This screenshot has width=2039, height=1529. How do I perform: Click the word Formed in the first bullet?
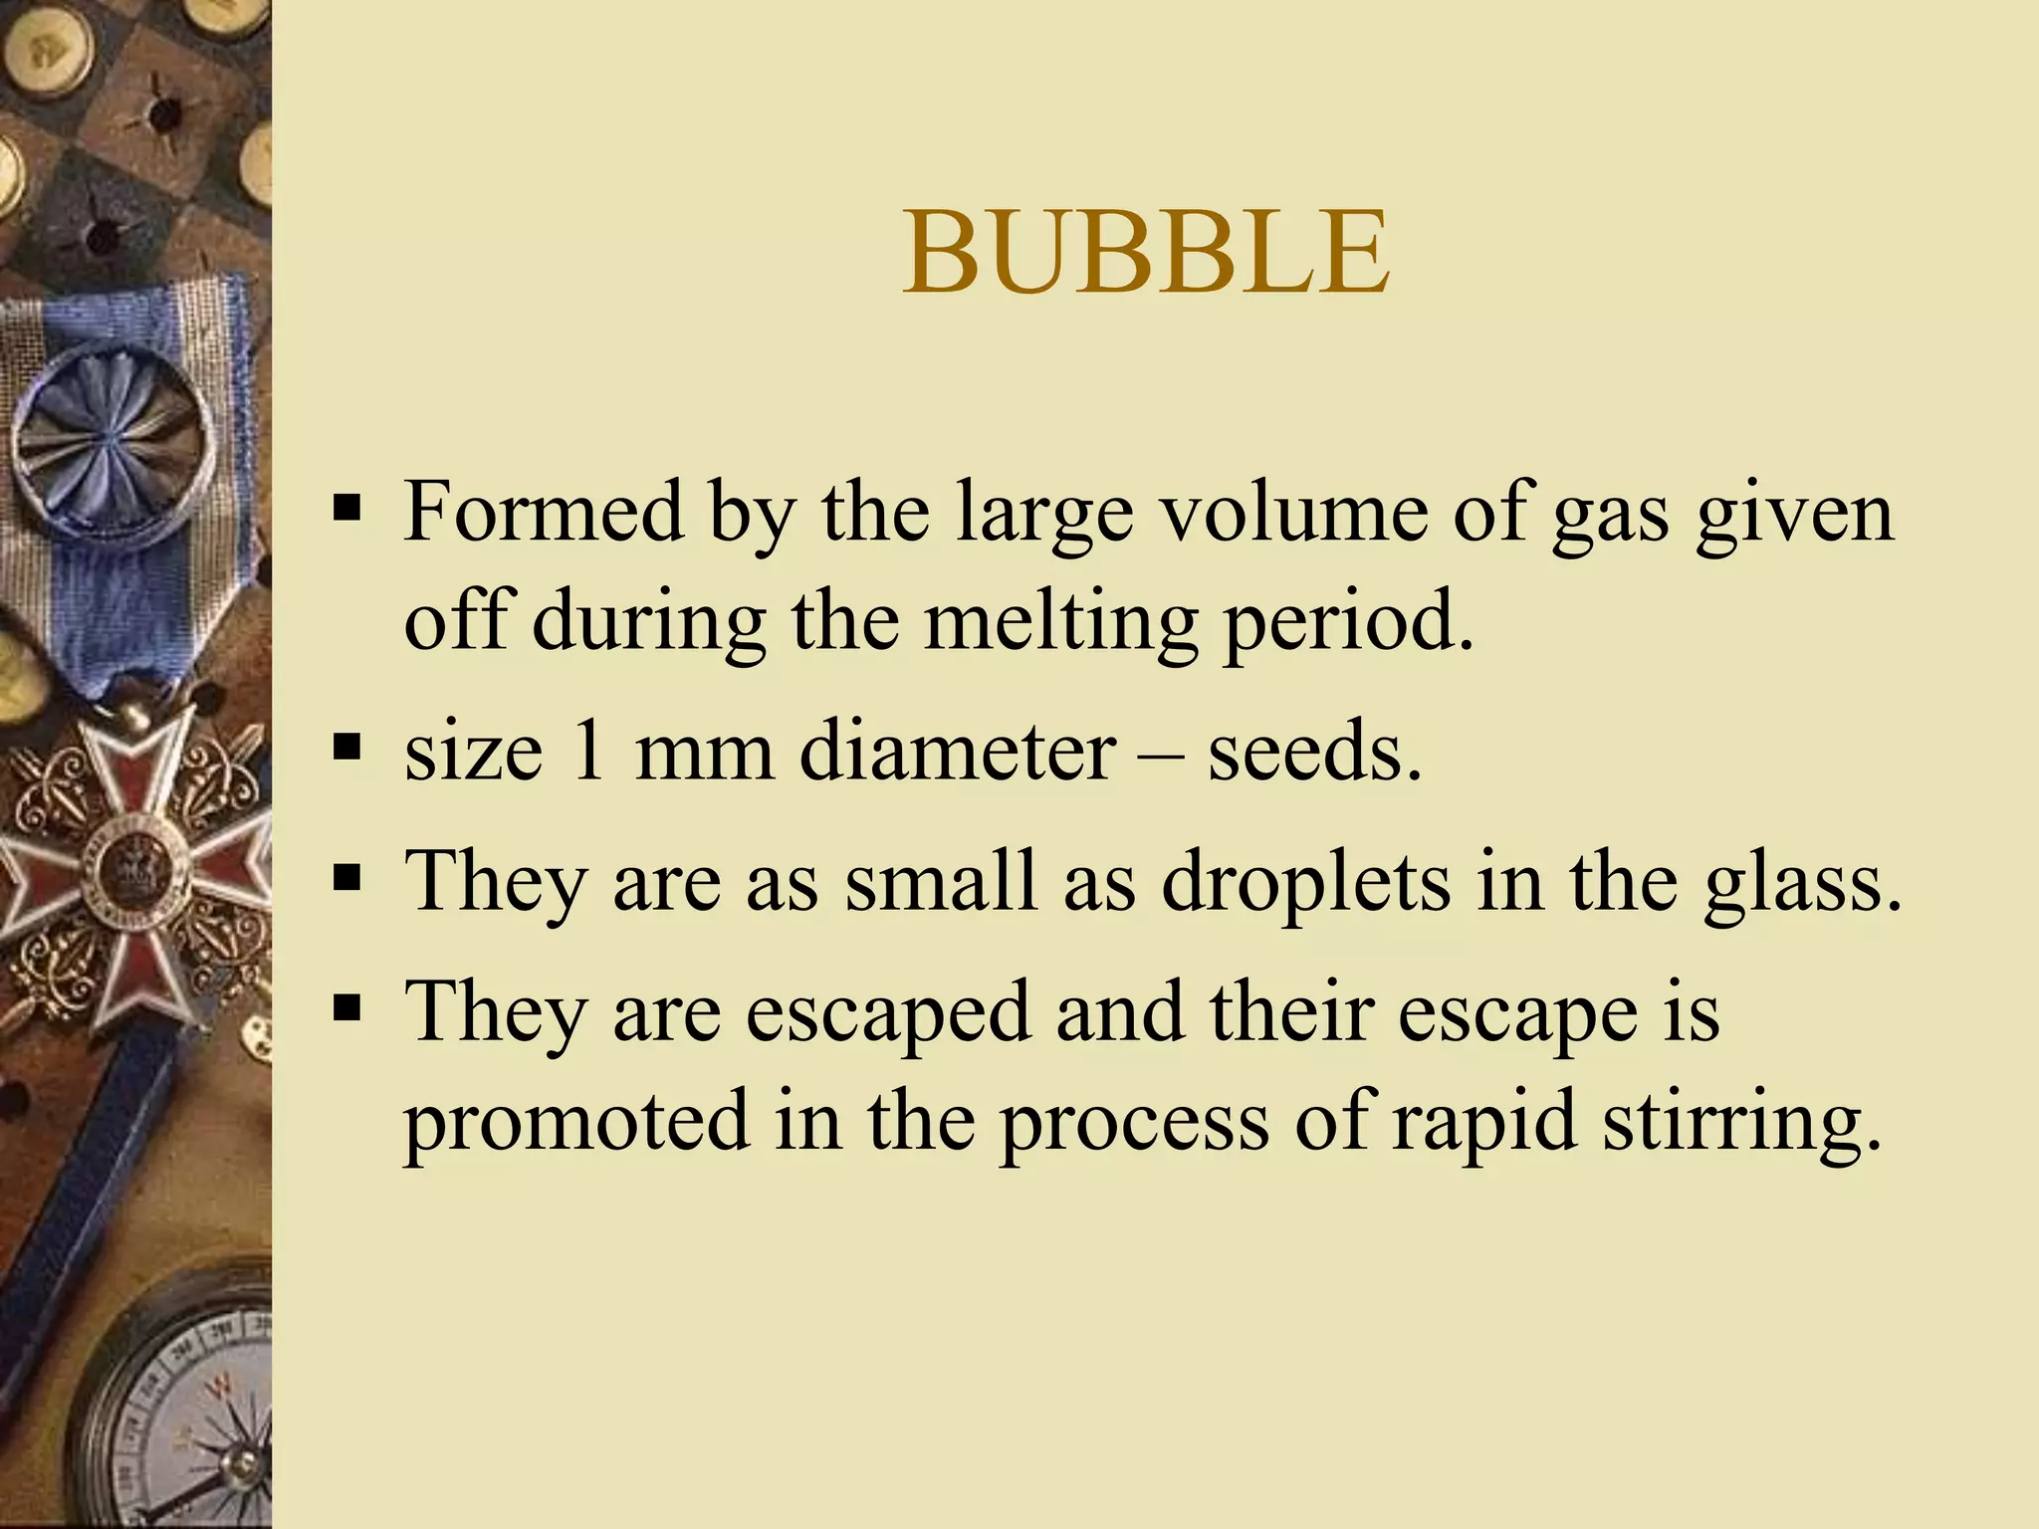[x=544, y=512]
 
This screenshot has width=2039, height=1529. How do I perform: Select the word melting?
[x=1060, y=623]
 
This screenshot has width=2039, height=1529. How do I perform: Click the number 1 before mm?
[x=589, y=751]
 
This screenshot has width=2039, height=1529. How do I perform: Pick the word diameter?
[x=958, y=751]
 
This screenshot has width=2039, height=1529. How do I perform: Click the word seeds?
[x=1314, y=751]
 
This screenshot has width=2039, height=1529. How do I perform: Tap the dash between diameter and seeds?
[x=1162, y=755]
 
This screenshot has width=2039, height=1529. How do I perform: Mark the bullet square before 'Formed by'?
[x=346, y=509]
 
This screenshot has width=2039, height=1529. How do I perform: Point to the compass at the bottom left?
[x=189, y=1414]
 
